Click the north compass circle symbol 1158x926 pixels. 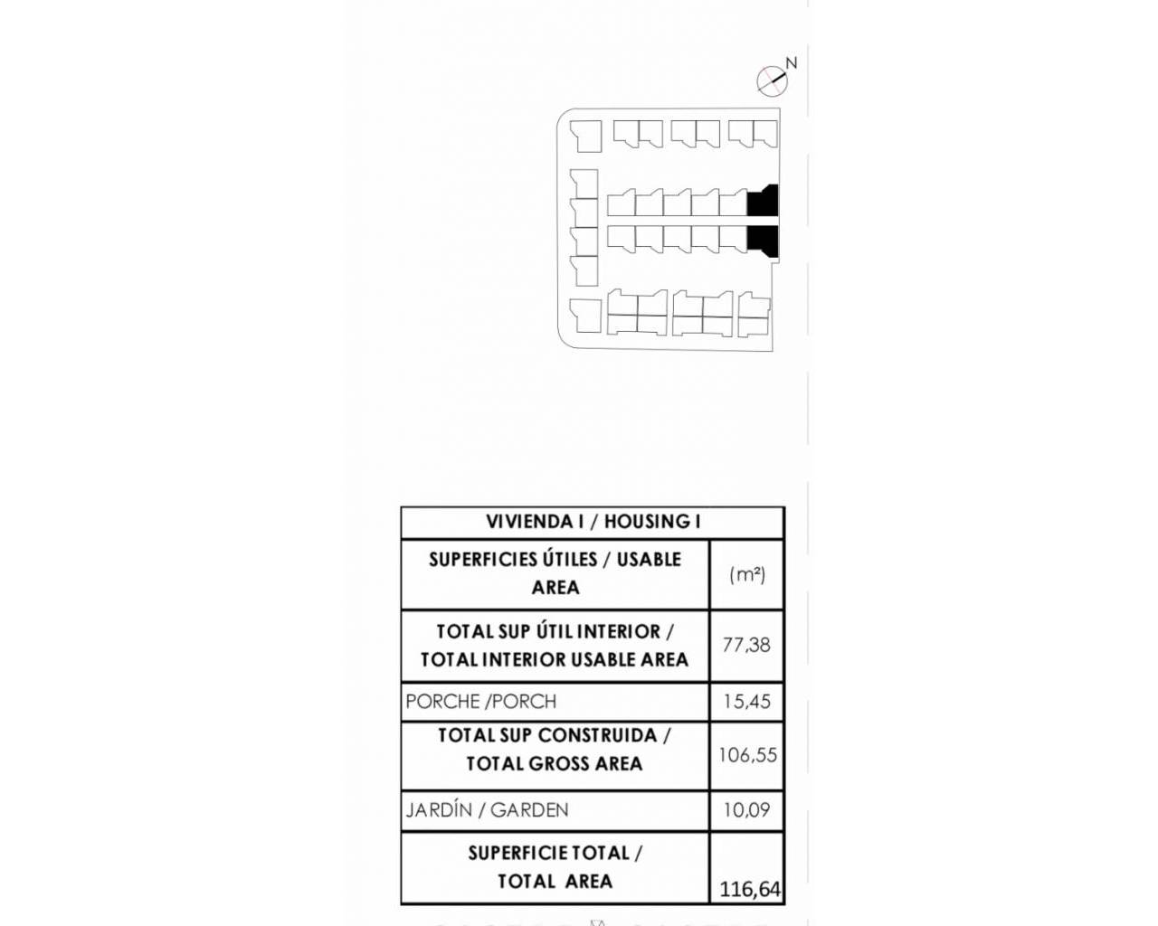773,81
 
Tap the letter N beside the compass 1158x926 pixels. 791,63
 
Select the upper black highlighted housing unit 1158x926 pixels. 763,201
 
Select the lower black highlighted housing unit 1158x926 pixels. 763,241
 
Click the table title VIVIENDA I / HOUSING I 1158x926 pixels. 593,522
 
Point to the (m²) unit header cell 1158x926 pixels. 747,574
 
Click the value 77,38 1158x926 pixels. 746,645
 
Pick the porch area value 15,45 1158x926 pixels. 747,701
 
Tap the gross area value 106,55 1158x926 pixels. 747,755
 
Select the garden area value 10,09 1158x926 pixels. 746,809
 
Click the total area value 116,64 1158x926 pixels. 750,890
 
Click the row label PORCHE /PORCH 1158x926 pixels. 480,701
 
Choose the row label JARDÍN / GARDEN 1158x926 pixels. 487,809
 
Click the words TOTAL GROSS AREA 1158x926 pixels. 555,763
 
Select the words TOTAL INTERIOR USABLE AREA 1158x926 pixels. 555,659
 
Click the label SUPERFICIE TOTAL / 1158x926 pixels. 555,854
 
